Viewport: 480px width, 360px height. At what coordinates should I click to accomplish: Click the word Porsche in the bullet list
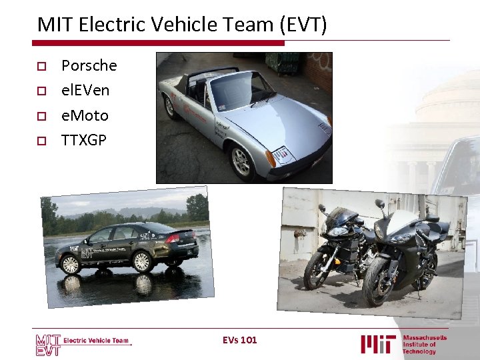89,65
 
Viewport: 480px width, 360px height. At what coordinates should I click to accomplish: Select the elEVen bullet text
85,90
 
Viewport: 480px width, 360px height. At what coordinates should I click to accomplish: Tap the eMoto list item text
85,115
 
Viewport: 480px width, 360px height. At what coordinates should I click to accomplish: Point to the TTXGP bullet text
83,140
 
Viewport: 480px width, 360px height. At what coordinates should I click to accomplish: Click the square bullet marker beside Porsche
41,66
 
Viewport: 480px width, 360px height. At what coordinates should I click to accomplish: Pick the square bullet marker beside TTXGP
41,141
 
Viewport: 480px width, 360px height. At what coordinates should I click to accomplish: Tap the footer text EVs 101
240,340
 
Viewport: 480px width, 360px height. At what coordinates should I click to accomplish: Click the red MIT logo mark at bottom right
378,344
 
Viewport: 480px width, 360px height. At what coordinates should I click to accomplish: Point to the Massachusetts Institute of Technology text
425,344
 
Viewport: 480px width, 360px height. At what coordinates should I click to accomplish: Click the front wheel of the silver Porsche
239,160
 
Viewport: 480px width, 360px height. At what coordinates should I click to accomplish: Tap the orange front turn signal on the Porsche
270,159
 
